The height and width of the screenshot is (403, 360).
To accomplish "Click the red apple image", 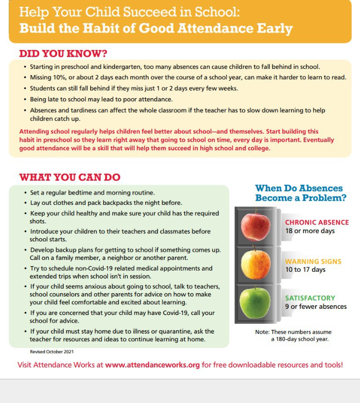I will [255, 226].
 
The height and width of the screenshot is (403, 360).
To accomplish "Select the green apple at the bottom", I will [255, 303].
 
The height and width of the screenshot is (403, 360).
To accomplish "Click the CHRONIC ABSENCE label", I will [317, 222].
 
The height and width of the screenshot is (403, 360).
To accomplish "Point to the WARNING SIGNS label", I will [313, 261].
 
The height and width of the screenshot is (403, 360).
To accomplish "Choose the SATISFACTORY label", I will [310, 298].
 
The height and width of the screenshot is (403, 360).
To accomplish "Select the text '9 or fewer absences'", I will [316, 307].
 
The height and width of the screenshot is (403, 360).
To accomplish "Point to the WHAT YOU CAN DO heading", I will [70, 178].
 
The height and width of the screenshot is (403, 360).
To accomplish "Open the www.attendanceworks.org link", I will [152, 365].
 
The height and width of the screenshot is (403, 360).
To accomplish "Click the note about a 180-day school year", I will [293, 336].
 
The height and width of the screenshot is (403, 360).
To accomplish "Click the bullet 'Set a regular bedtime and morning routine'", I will [92, 192].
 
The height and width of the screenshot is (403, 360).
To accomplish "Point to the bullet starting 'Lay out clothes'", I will [106, 203].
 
